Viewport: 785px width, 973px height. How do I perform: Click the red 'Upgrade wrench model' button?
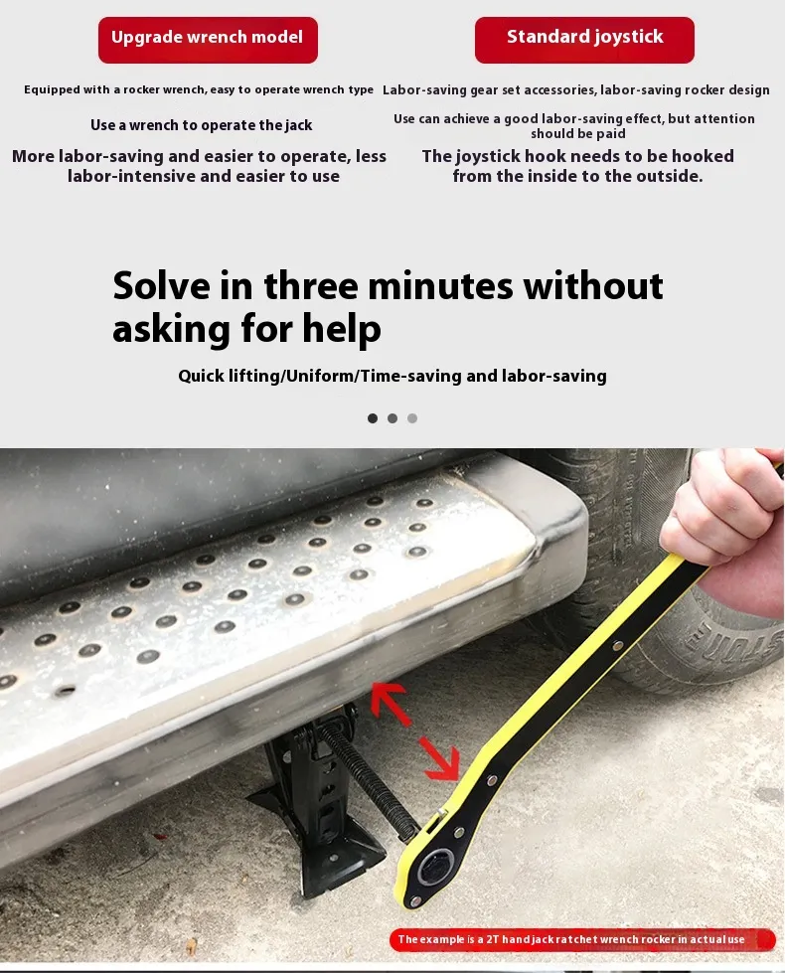tap(208, 40)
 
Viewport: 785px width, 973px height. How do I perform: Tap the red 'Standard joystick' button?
tap(584, 40)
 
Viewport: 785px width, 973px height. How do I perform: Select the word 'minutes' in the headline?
tap(440, 286)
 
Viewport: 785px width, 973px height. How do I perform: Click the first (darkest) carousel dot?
tap(373, 418)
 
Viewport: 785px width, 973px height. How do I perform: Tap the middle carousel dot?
tap(392, 418)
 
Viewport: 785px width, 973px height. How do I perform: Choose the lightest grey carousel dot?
tap(412, 418)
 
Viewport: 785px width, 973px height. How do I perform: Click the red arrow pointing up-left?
tap(390, 703)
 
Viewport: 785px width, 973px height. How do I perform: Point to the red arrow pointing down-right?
tap(441, 758)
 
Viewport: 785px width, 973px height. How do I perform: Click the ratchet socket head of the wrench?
tap(432, 869)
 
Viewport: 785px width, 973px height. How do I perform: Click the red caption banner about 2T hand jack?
tap(582, 939)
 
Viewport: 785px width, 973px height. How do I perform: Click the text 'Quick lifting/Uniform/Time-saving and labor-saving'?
tap(392, 376)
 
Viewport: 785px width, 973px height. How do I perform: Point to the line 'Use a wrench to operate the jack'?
tap(201, 125)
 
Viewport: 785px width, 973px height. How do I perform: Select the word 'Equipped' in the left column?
tap(52, 90)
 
